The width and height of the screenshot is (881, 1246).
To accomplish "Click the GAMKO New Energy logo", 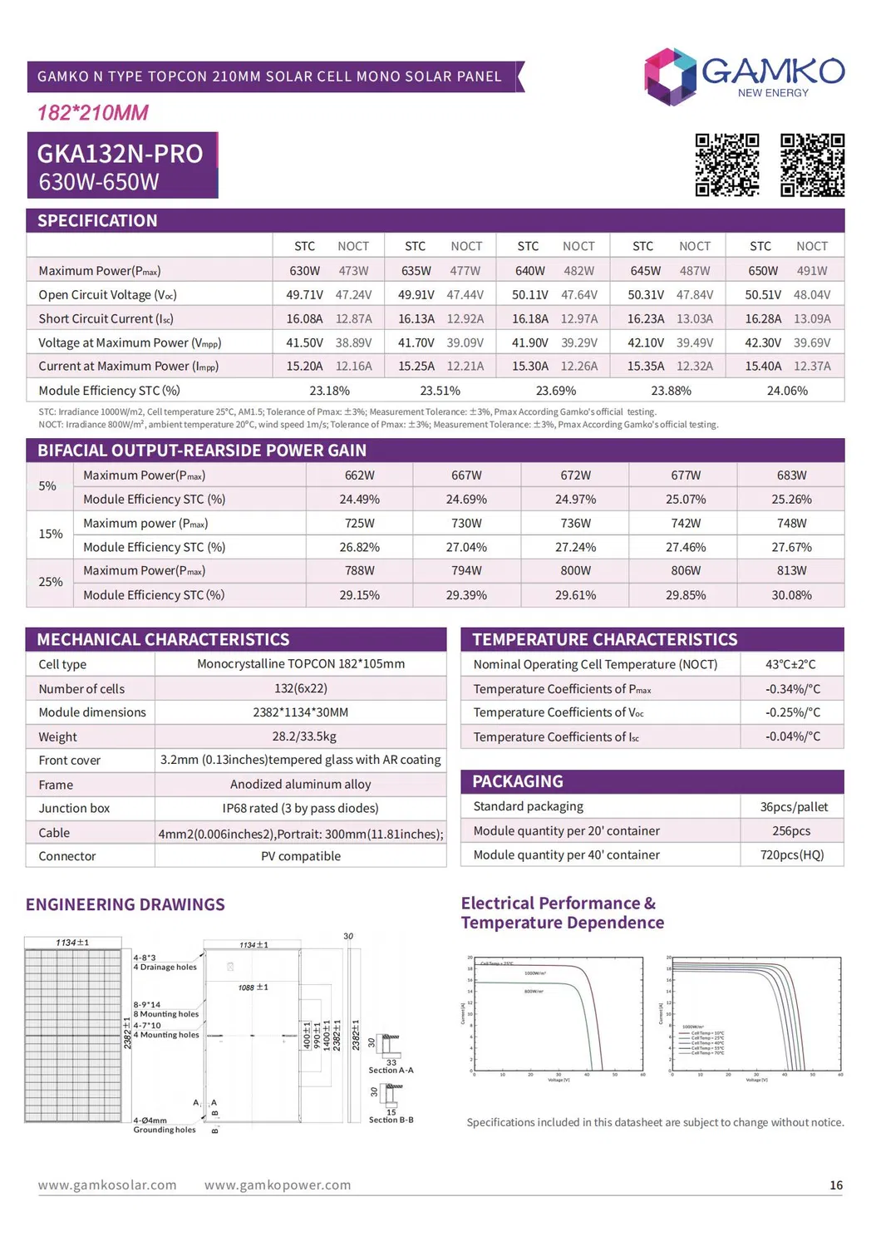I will point(744,76).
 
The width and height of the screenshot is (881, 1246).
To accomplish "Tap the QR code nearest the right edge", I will point(812,165).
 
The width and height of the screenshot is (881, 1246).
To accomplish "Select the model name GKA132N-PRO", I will point(120,154).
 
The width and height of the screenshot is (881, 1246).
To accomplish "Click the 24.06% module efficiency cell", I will point(786,391).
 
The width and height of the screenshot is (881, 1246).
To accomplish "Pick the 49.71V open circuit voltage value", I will point(304,295).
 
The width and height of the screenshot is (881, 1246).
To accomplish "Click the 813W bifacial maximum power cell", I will point(791,571).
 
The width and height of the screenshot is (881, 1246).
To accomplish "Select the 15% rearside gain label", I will point(51,534).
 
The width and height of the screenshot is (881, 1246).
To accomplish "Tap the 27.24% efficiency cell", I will point(575,548).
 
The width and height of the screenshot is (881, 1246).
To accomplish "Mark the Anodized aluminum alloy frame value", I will point(300,785).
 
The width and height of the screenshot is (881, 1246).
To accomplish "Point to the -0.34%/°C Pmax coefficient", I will point(792,689).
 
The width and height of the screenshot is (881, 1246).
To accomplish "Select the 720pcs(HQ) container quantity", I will point(791,855).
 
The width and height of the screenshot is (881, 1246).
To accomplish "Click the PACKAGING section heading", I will point(518,782).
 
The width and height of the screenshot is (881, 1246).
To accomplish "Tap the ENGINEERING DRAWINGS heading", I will point(126,905).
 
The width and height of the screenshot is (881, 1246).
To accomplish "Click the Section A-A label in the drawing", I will point(391,1071).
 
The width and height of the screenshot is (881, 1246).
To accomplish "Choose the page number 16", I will point(836,1185).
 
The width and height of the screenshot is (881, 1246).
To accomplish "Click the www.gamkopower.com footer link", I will point(278,1185).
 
